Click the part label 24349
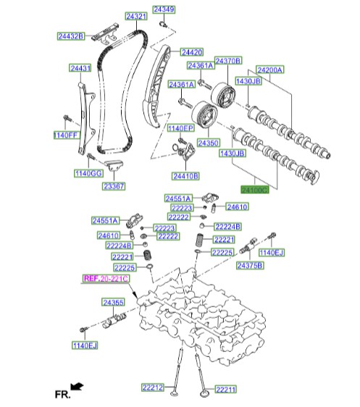(x=164, y=10)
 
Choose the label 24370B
(x=227, y=60)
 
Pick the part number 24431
(x=80, y=68)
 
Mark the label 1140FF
(x=64, y=135)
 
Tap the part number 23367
(x=113, y=186)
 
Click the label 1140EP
(x=180, y=128)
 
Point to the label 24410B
(x=185, y=176)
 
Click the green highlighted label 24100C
(x=254, y=189)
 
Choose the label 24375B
(x=251, y=267)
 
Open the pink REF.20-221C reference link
(x=105, y=278)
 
